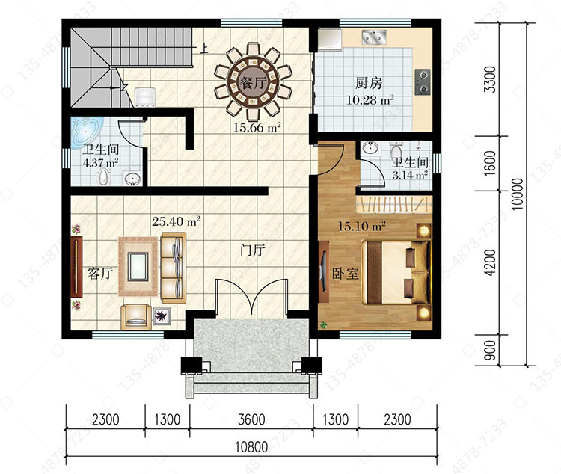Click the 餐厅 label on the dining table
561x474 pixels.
254,84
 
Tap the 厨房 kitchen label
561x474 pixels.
369,83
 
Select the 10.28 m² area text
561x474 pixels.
370,99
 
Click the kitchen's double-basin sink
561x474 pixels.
374,37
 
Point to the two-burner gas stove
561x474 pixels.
423,82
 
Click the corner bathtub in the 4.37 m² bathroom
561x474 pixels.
86,133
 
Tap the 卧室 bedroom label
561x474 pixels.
346,274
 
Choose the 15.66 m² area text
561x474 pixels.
257,127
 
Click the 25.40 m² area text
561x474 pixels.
176,221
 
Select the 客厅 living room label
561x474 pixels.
100,274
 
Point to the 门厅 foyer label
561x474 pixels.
253,250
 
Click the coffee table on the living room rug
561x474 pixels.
138,266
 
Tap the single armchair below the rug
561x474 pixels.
134,317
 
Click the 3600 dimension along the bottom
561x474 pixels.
251,419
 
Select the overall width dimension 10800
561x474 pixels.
251,447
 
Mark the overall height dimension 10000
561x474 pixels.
518,194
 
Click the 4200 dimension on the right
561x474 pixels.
490,262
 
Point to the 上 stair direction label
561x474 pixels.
204,49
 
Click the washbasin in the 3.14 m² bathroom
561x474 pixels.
370,147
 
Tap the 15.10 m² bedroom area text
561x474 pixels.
362,226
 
